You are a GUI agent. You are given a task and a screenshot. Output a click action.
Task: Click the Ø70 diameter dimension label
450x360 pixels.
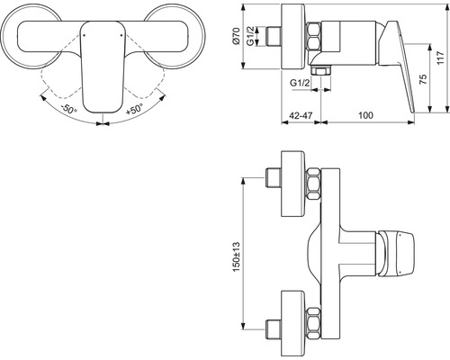236,36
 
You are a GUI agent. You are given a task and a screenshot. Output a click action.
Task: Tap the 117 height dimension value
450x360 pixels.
440,58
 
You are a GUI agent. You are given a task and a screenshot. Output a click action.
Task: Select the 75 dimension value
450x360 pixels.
423,79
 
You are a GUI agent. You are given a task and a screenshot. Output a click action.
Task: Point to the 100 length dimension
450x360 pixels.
365,115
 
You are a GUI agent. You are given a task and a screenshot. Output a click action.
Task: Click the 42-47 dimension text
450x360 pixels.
301,115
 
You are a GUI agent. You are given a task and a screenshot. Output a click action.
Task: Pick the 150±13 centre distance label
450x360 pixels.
237,256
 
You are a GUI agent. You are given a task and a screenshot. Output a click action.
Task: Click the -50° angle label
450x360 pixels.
68,109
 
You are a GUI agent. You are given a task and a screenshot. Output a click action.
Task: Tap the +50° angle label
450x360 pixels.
134,109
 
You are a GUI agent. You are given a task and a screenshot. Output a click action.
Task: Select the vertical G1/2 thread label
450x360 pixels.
251,36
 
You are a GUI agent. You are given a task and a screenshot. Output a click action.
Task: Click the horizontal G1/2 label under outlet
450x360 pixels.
300,83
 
